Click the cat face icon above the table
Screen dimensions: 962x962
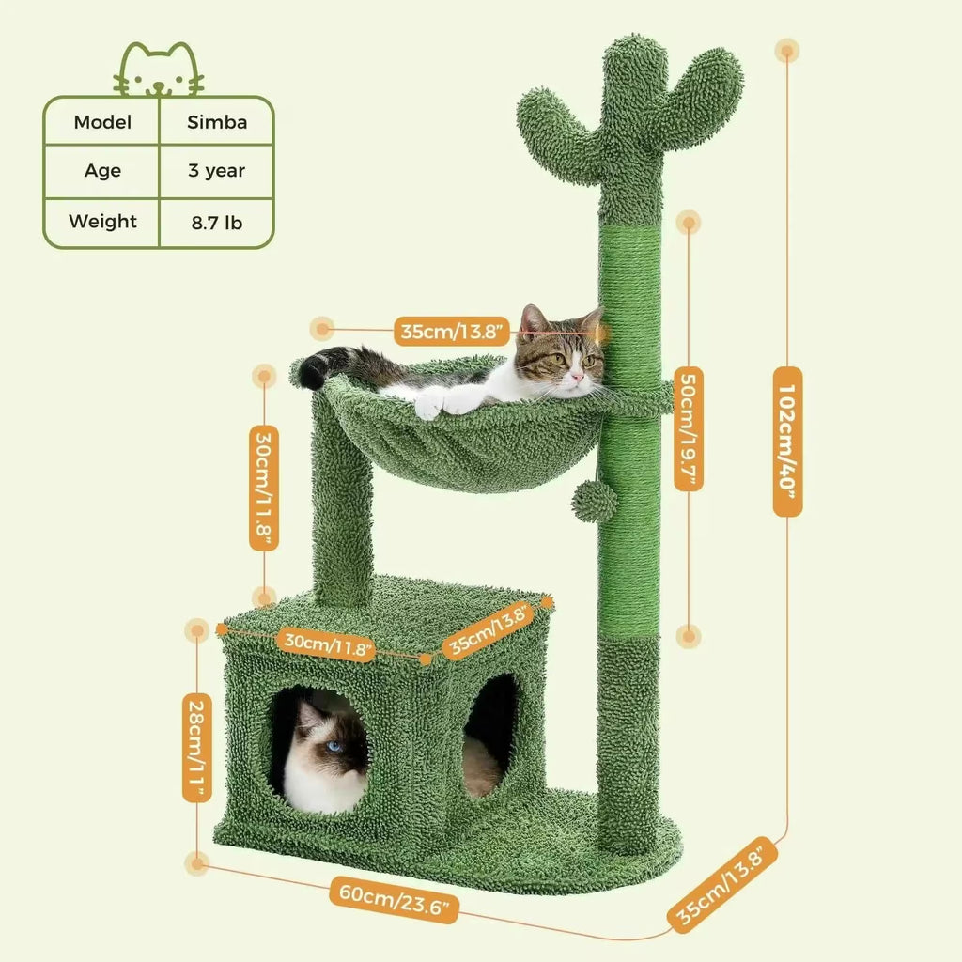pos(159,70)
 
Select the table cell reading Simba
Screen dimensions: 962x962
pos(217,122)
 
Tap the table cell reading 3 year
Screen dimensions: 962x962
pos(217,171)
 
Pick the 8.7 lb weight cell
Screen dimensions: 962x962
pos(217,223)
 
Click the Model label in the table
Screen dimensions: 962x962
pos(102,122)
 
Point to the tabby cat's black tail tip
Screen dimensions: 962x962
pos(313,372)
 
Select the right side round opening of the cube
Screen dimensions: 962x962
pos(490,733)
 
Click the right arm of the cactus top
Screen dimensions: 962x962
pos(700,99)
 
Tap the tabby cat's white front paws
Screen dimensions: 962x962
pos(442,402)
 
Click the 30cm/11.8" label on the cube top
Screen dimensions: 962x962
pos(330,644)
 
